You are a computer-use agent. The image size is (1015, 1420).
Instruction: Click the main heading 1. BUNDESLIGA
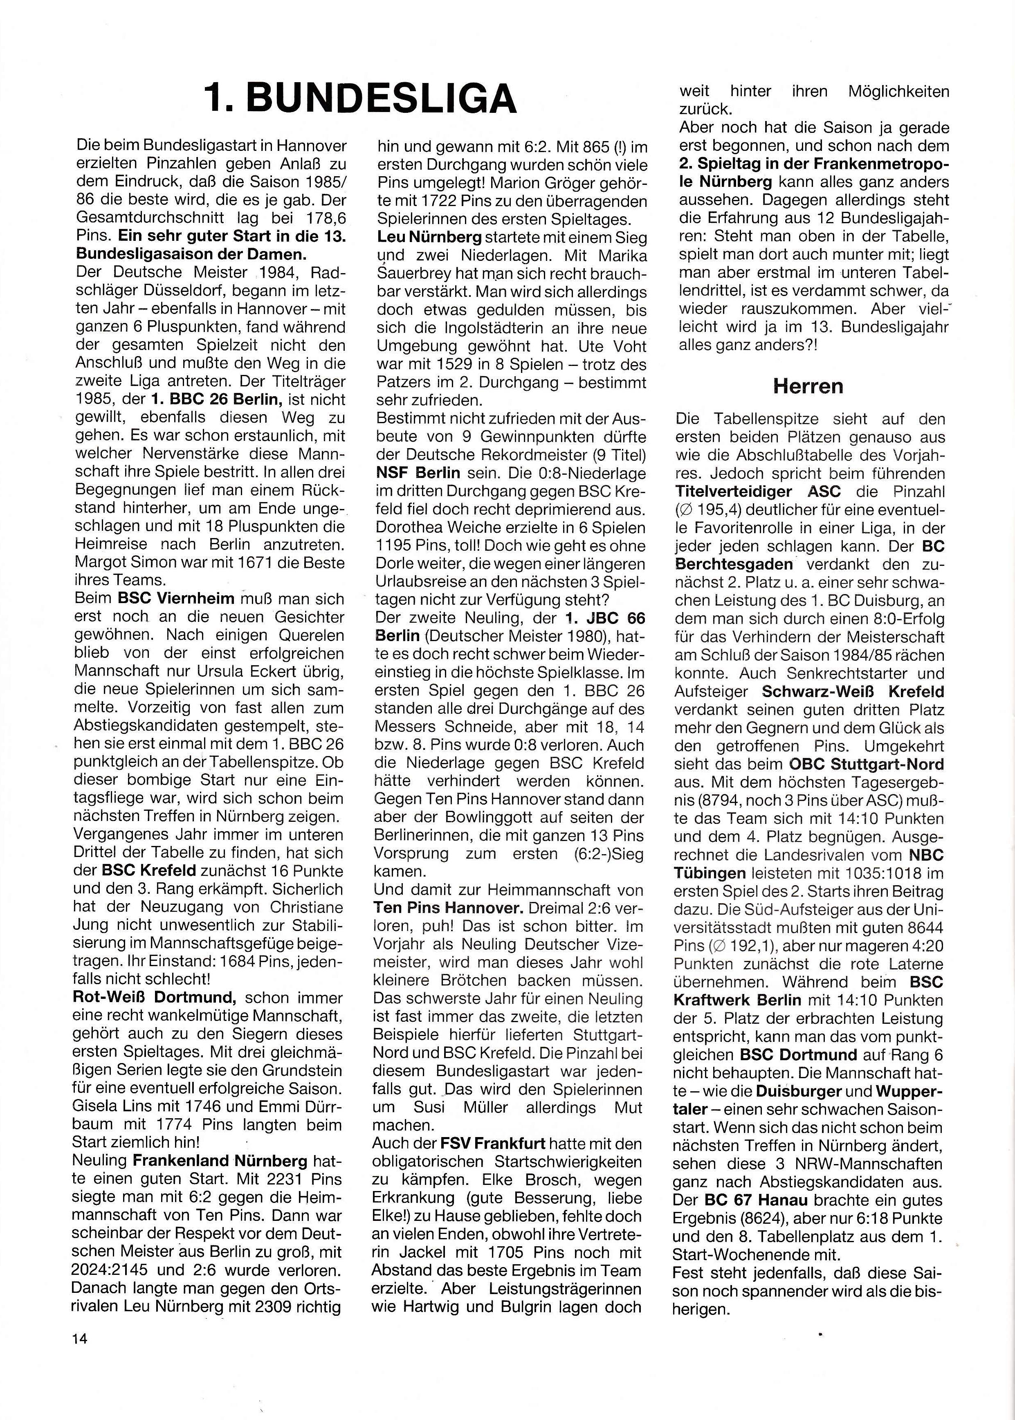click(361, 98)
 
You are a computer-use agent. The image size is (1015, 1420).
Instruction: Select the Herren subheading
click(808, 386)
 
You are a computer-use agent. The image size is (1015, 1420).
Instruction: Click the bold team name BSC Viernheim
click(176, 599)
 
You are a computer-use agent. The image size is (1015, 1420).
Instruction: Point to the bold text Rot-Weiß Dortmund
click(154, 998)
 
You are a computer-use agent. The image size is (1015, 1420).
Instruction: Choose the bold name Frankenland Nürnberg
click(220, 1161)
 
